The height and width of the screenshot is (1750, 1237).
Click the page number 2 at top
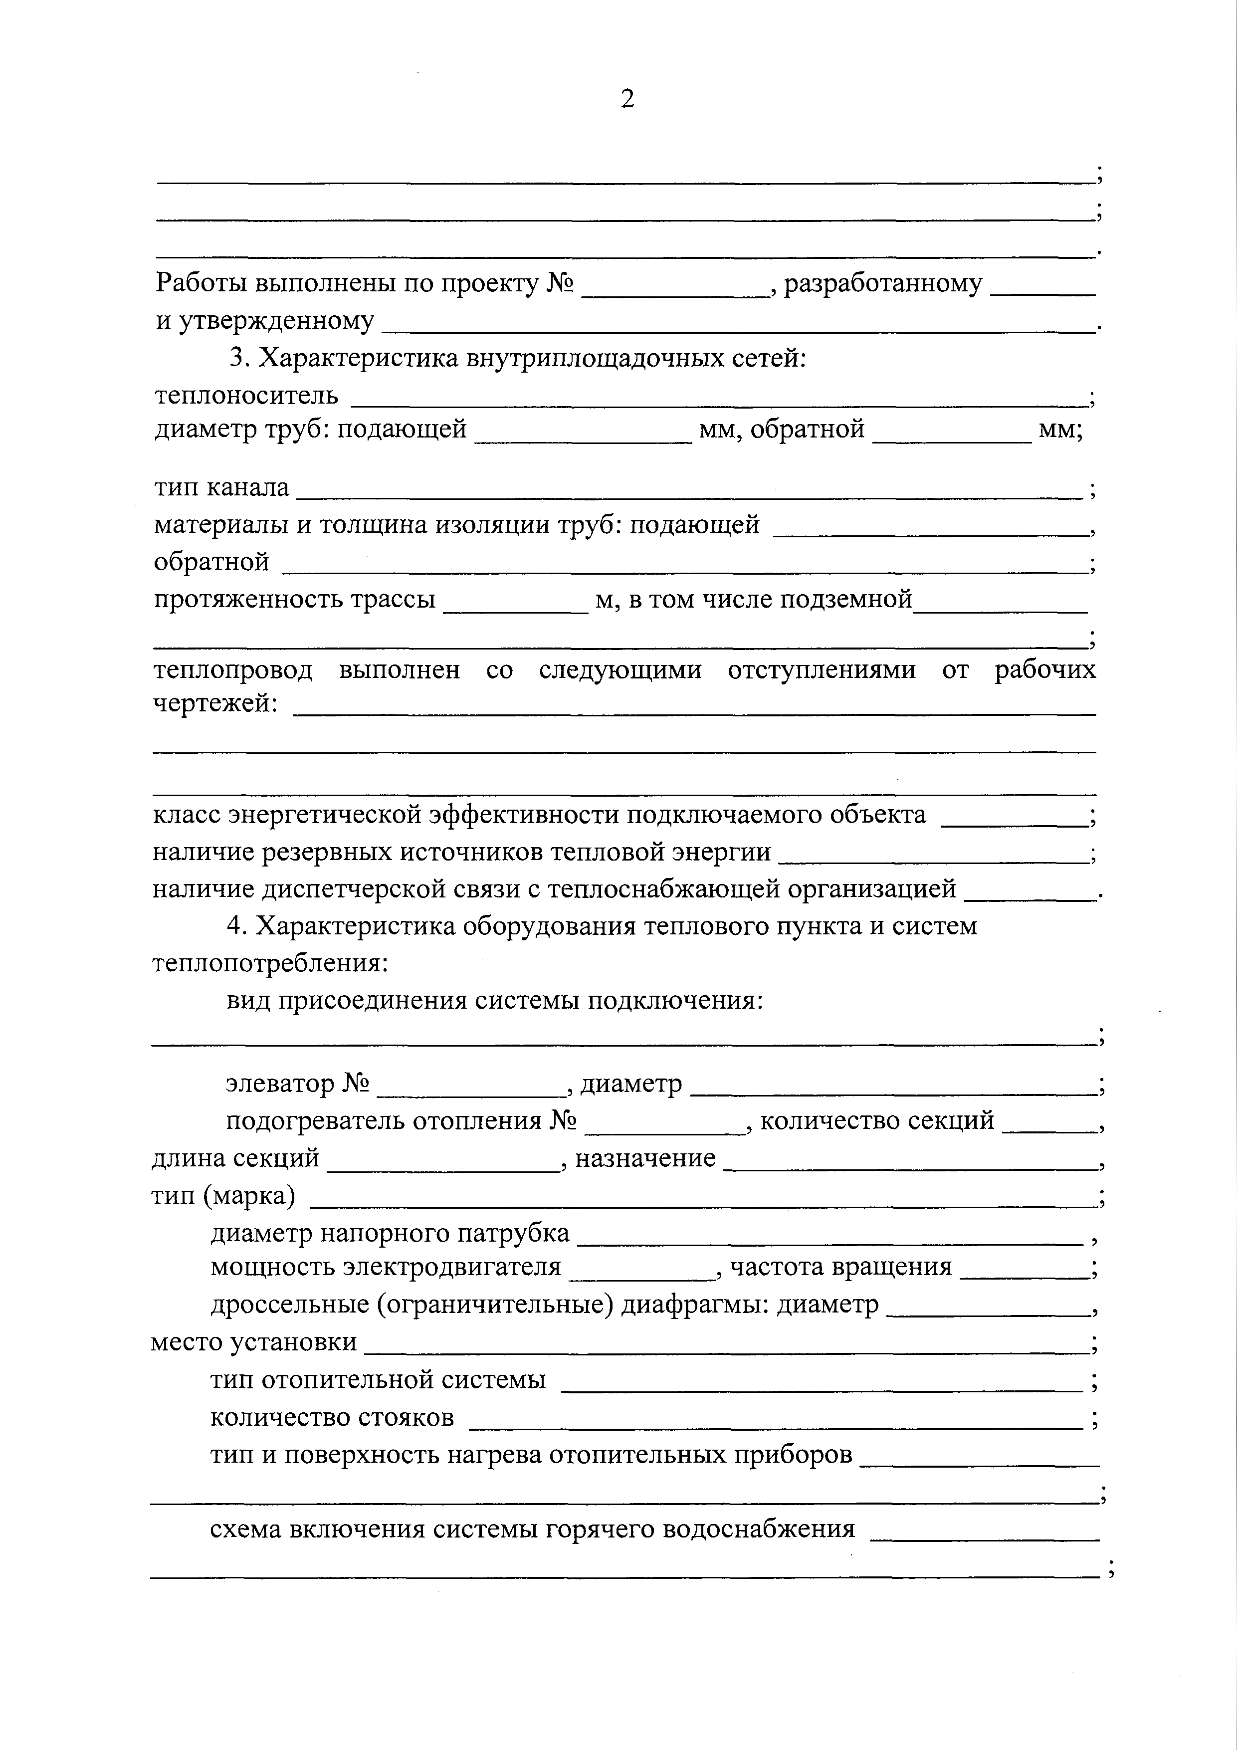(627, 99)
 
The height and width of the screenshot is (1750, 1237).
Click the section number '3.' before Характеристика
(239, 358)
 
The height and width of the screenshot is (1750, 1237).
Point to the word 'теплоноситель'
(247, 396)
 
